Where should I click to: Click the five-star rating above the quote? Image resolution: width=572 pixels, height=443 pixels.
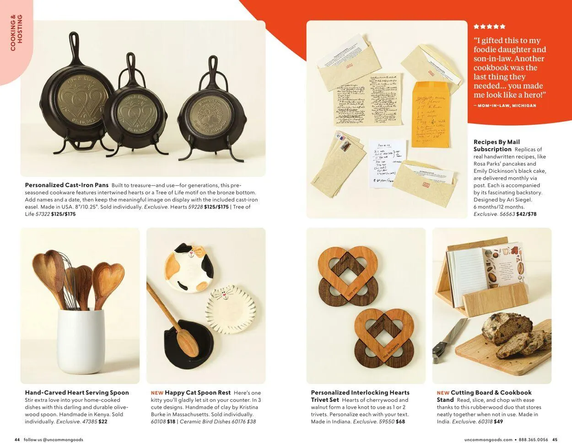pyautogui.click(x=489, y=27)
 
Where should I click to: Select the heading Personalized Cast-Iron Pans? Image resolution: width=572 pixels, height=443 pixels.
pyautogui.click(x=67, y=185)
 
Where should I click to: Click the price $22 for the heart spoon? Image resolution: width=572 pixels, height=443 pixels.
pyautogui.click(x=103, y=422)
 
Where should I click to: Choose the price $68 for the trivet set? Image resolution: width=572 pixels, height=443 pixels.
pyautogui.click(x=400, y=422)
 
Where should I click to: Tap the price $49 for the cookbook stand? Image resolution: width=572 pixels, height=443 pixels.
pyautogui.click(x=498, y=422)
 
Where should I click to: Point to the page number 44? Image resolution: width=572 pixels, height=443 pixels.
pyautogui.click(x=17, y=439)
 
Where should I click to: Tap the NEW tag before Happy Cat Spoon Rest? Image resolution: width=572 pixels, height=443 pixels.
pyautogui.click(x=157, y=393)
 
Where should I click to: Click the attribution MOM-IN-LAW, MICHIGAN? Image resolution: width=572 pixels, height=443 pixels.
pyautogui.click(x=505, y=106)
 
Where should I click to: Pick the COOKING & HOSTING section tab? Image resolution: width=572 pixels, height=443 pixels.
pyautogui.click(x=16, y=33)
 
